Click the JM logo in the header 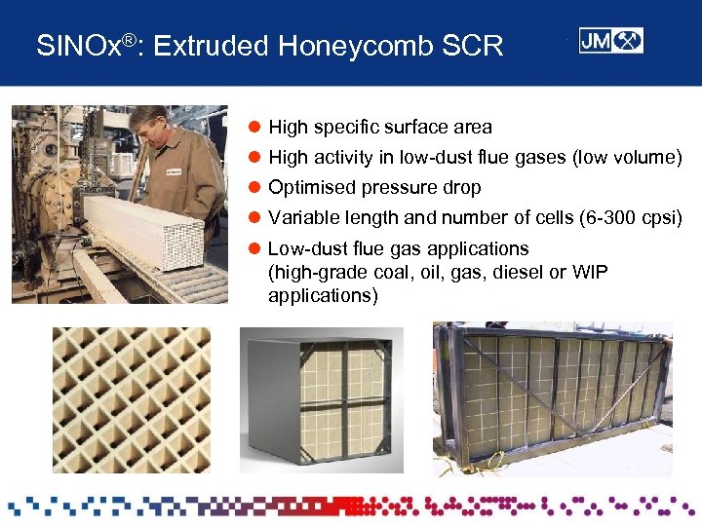(x=610, y=40)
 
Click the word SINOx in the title (x=74, y=45)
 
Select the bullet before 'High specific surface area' (x=254, y=128)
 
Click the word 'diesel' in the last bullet (x=518, y=272)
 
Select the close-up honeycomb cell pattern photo (x=131, y=399)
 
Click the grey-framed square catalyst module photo (x=321, y=398)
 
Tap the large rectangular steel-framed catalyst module (x=552, y=394)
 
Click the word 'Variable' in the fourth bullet (x=299, y=217)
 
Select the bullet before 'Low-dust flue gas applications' (x=254, y=248)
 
